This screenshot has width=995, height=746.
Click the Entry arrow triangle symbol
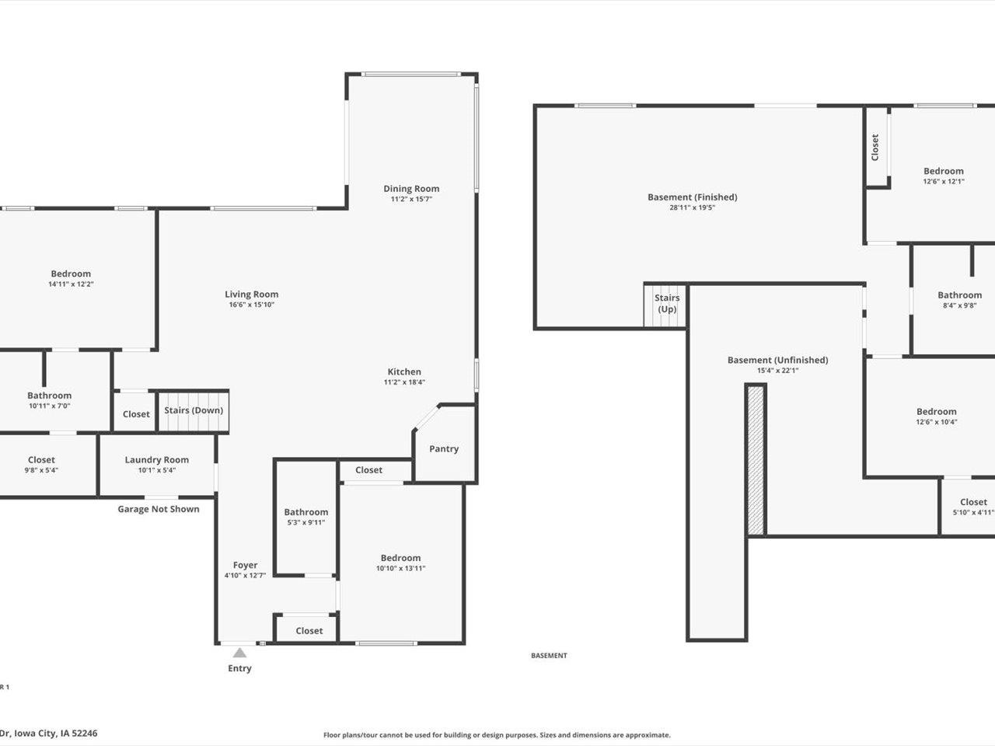[x=239, y=653]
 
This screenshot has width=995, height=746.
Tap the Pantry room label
[x=444, y=448]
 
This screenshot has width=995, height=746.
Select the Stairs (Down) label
[x=194, y=410]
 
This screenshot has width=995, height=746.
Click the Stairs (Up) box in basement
[x=666, y=304]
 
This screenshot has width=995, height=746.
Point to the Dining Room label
[x=411, y=189]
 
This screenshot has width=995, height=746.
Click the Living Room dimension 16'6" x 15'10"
[x=252, y=305]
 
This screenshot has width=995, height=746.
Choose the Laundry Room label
[x=157, y=459]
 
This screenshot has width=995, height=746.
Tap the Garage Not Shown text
[x=159, y=509]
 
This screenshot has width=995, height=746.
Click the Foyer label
[x=245, y=565]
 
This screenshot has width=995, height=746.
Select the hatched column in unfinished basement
[x=756, y=459]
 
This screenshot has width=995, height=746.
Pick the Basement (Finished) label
[x=692, y=197]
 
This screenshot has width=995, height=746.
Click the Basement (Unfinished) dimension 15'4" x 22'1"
[x=777, y=371]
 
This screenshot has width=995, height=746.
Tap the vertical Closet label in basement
[x=875, y=148]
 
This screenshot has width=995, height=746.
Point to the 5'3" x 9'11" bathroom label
[x=305, y=522]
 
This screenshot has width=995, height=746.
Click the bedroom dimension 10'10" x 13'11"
[x=400, y=568]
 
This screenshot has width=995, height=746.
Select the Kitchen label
[x=404, y=371]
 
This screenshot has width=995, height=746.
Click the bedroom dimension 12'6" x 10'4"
[x=936, y=423]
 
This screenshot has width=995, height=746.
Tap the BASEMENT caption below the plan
[x=549, y=656]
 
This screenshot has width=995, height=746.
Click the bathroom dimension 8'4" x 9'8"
[x=959, y=305]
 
